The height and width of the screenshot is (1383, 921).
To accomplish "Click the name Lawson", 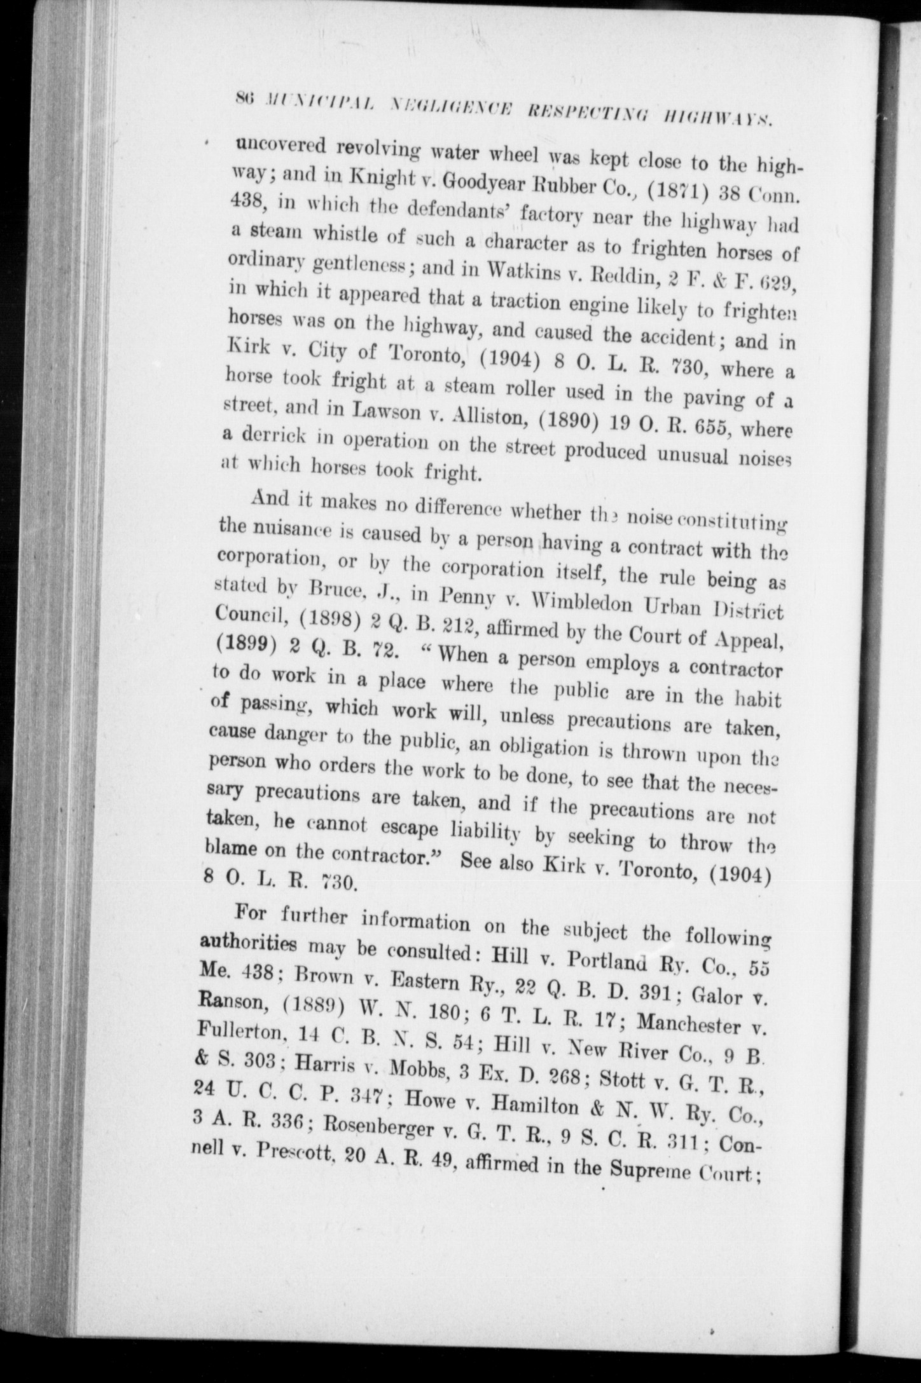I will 382,411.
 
